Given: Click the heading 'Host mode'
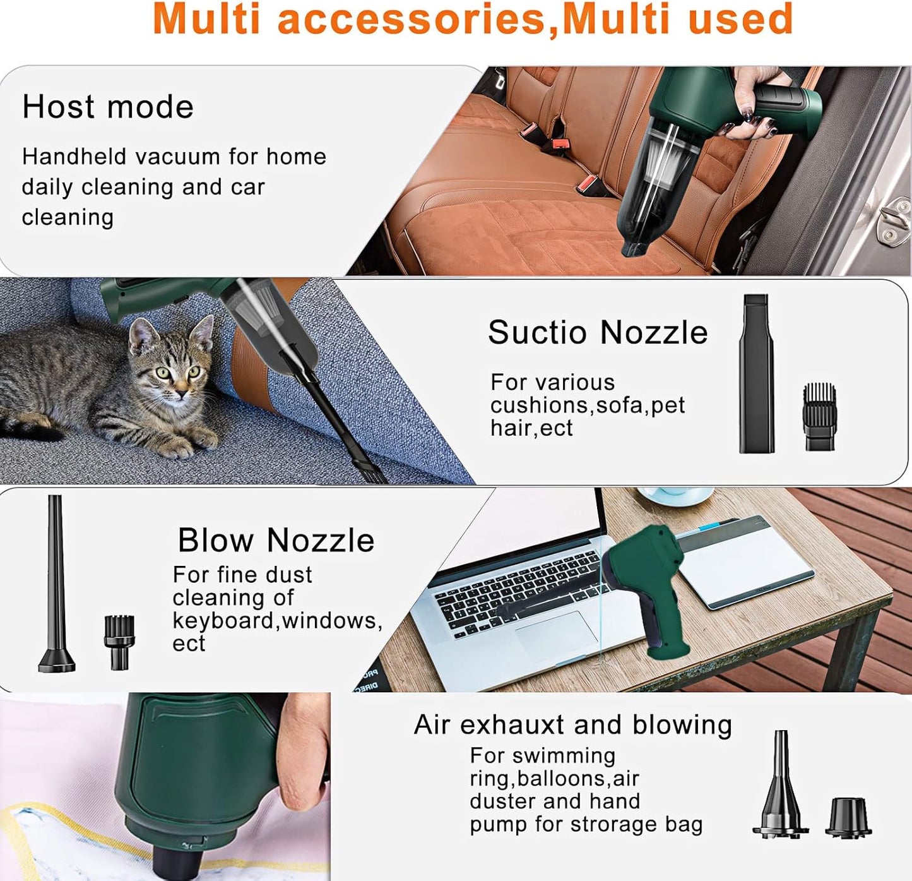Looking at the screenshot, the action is [108, 107].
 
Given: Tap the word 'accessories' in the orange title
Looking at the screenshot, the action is [412, 19].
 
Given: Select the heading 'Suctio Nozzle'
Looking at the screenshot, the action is [598, 332].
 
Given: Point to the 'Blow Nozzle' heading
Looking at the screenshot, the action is [276, 540].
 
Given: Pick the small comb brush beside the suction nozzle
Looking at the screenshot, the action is [819, 416].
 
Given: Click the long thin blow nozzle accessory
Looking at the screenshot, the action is [56, 584].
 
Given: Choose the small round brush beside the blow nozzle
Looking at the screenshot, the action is [119, 642].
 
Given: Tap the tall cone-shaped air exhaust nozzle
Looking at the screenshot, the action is [780, 784].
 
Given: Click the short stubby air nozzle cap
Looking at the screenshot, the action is [848, 818].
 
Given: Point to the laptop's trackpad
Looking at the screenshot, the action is [556, 634].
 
